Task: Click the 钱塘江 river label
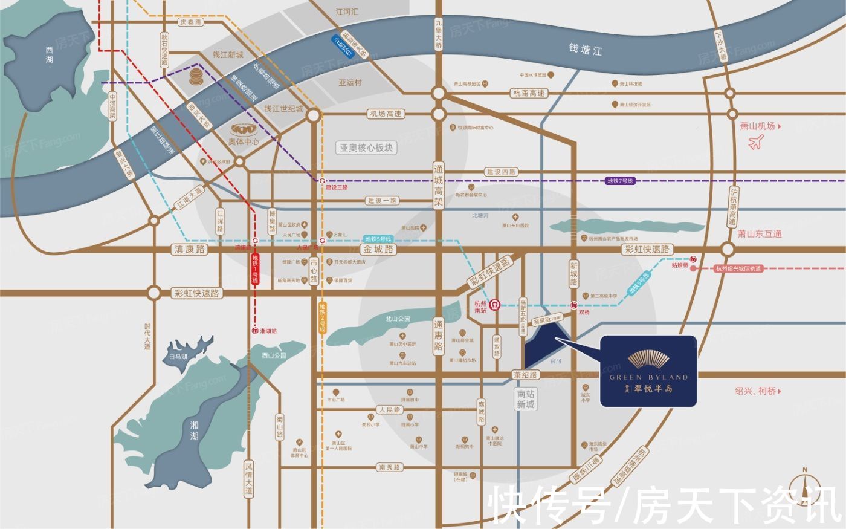coord(585,49)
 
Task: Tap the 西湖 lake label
coord(49,56)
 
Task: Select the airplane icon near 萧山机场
coord(755,143)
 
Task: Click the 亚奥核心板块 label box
coord(366,148)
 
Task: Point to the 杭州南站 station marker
coord(494,305)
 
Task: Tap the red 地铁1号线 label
coord(255,270)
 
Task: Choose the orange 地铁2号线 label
coord(322,318)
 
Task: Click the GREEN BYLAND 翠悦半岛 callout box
coord(648,371)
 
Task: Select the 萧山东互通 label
coord(760,233)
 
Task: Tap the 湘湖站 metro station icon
coord(255,331)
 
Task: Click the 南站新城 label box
coord(525,399)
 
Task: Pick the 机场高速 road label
coord(386,114)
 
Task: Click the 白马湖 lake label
coord(178,356)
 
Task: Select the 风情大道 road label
coord(248,479)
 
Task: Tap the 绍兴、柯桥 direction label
coord(755,391)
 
